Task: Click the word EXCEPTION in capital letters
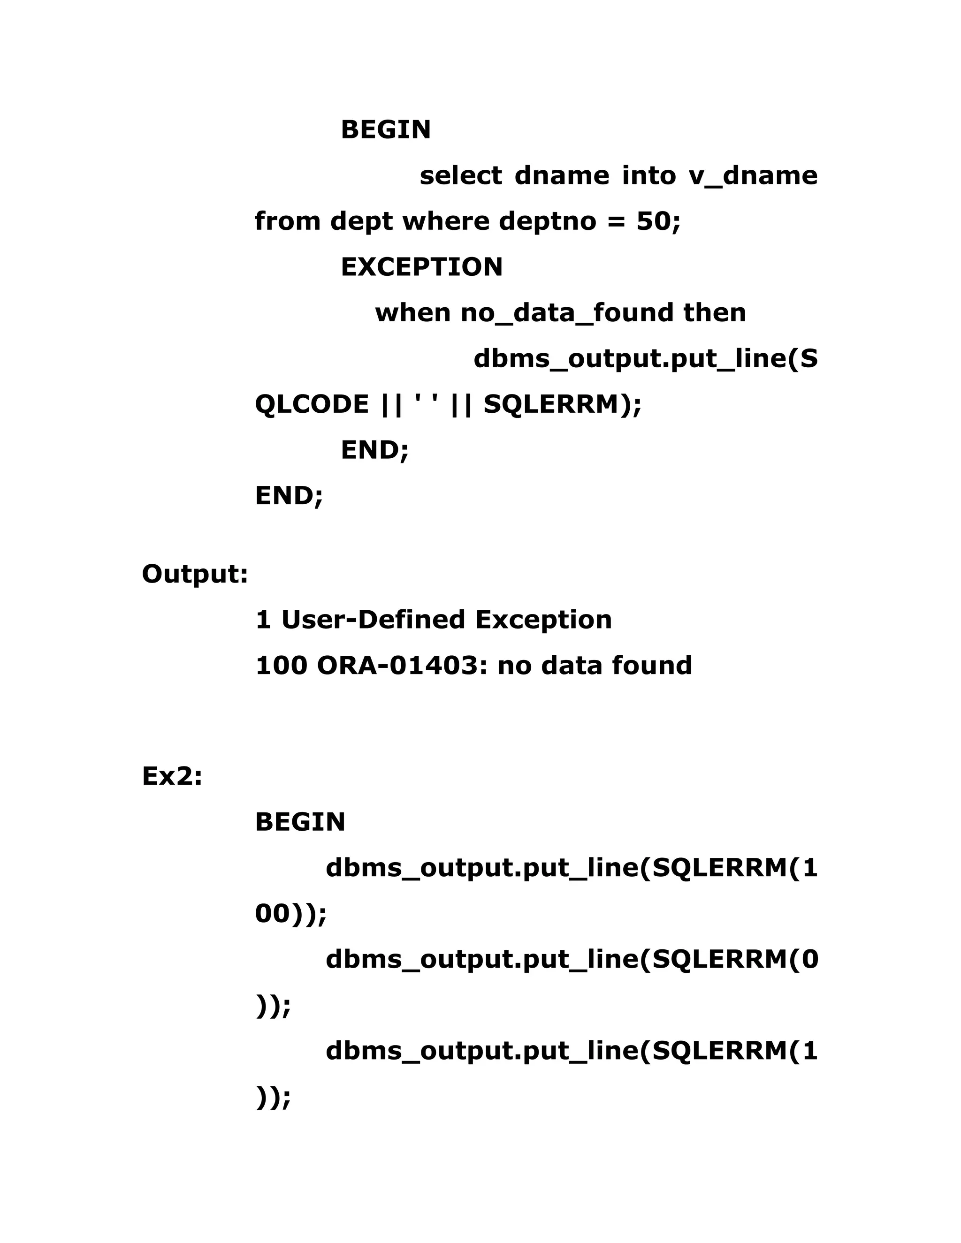421,267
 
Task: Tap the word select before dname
461,176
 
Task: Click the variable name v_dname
753,176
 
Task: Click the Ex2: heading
172,776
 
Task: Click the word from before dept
288,221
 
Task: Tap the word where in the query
446,221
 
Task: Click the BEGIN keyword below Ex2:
300,822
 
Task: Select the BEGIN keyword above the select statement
385,130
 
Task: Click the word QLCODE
312,405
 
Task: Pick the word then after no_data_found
715,313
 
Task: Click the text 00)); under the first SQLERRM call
290,915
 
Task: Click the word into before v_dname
648,176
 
